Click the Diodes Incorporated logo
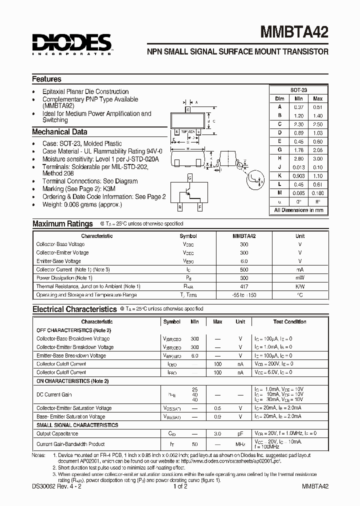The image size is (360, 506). click(72, 44)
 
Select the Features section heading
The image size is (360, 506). click(47, 79)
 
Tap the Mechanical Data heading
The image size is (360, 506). click(59, 132)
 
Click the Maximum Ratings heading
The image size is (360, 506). click(62, 224)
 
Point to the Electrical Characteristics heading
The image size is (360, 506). click(74, 309)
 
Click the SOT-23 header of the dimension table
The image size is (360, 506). click(298, 90)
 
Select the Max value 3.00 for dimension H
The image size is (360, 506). click(317, 158)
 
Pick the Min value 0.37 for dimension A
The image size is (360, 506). click(298, 107)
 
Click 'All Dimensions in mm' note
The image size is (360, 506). click(298, 210)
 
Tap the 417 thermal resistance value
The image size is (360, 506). click(244, 286)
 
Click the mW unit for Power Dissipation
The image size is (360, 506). click(300, 278)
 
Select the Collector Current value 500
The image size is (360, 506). click(244, 269)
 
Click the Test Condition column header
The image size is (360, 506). click(289, 322)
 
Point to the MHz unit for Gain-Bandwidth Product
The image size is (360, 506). click(240, 444)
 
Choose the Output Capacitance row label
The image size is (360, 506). click(57, 433)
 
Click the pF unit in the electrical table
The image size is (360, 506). click(240, 433)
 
